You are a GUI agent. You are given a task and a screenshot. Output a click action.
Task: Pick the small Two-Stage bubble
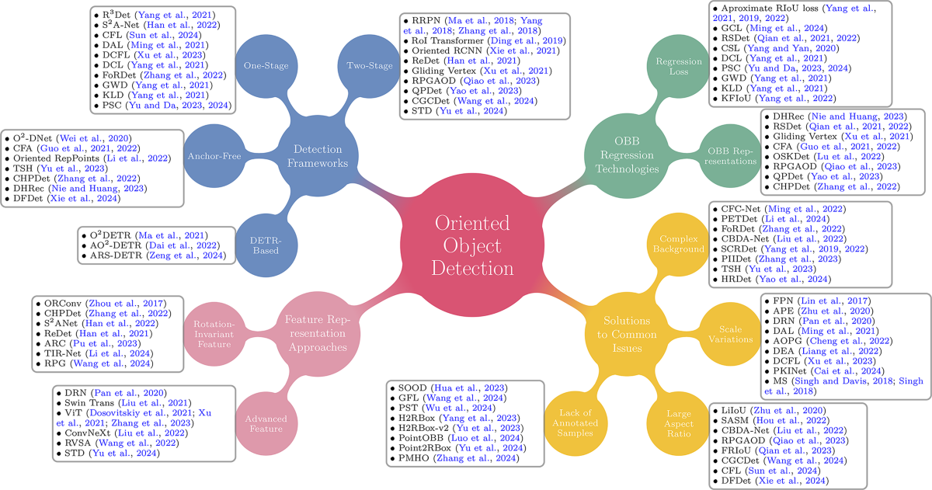(x=369, y=64)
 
